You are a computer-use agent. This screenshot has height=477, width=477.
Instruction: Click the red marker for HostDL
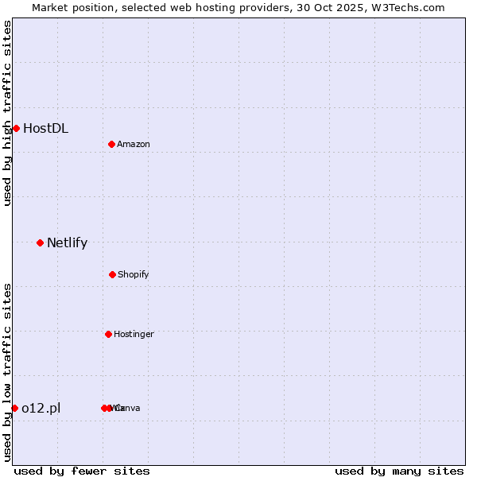coord(16,128)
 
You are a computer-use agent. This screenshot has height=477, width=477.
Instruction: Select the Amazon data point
coord(112,144)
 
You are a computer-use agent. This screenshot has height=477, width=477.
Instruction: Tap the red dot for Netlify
coord(40,242)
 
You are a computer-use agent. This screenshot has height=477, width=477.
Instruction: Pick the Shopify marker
coord(112,274)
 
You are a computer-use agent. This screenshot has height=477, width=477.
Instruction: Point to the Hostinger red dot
coord(108,334)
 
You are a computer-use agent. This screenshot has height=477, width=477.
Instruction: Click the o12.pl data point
coord(14,408)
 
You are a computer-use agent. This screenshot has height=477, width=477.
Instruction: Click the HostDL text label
coord(45,128)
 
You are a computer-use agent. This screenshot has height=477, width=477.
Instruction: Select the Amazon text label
coord(134,144)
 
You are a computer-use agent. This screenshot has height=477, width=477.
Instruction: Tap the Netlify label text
coord(67,242)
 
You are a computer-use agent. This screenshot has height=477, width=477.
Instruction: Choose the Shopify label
coord(134,274)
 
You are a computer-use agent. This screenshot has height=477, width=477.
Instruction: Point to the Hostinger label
coord(134,334)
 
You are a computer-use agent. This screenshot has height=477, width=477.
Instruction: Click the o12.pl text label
coord(41,408)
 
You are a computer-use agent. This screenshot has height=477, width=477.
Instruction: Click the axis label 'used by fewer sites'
coord(82,471)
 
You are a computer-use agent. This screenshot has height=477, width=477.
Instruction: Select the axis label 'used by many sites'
coord(399,471)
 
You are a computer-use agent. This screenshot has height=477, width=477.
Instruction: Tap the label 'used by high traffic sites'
coord(7,113)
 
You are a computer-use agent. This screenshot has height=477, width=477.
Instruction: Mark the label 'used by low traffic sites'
coord(7,372)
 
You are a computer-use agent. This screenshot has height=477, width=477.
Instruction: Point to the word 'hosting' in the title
coord(206,7)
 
